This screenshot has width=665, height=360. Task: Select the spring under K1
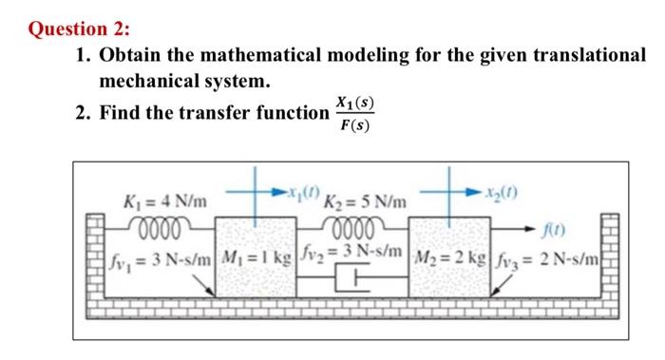pos(161,226)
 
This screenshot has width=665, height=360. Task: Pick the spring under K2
pos(354,226)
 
